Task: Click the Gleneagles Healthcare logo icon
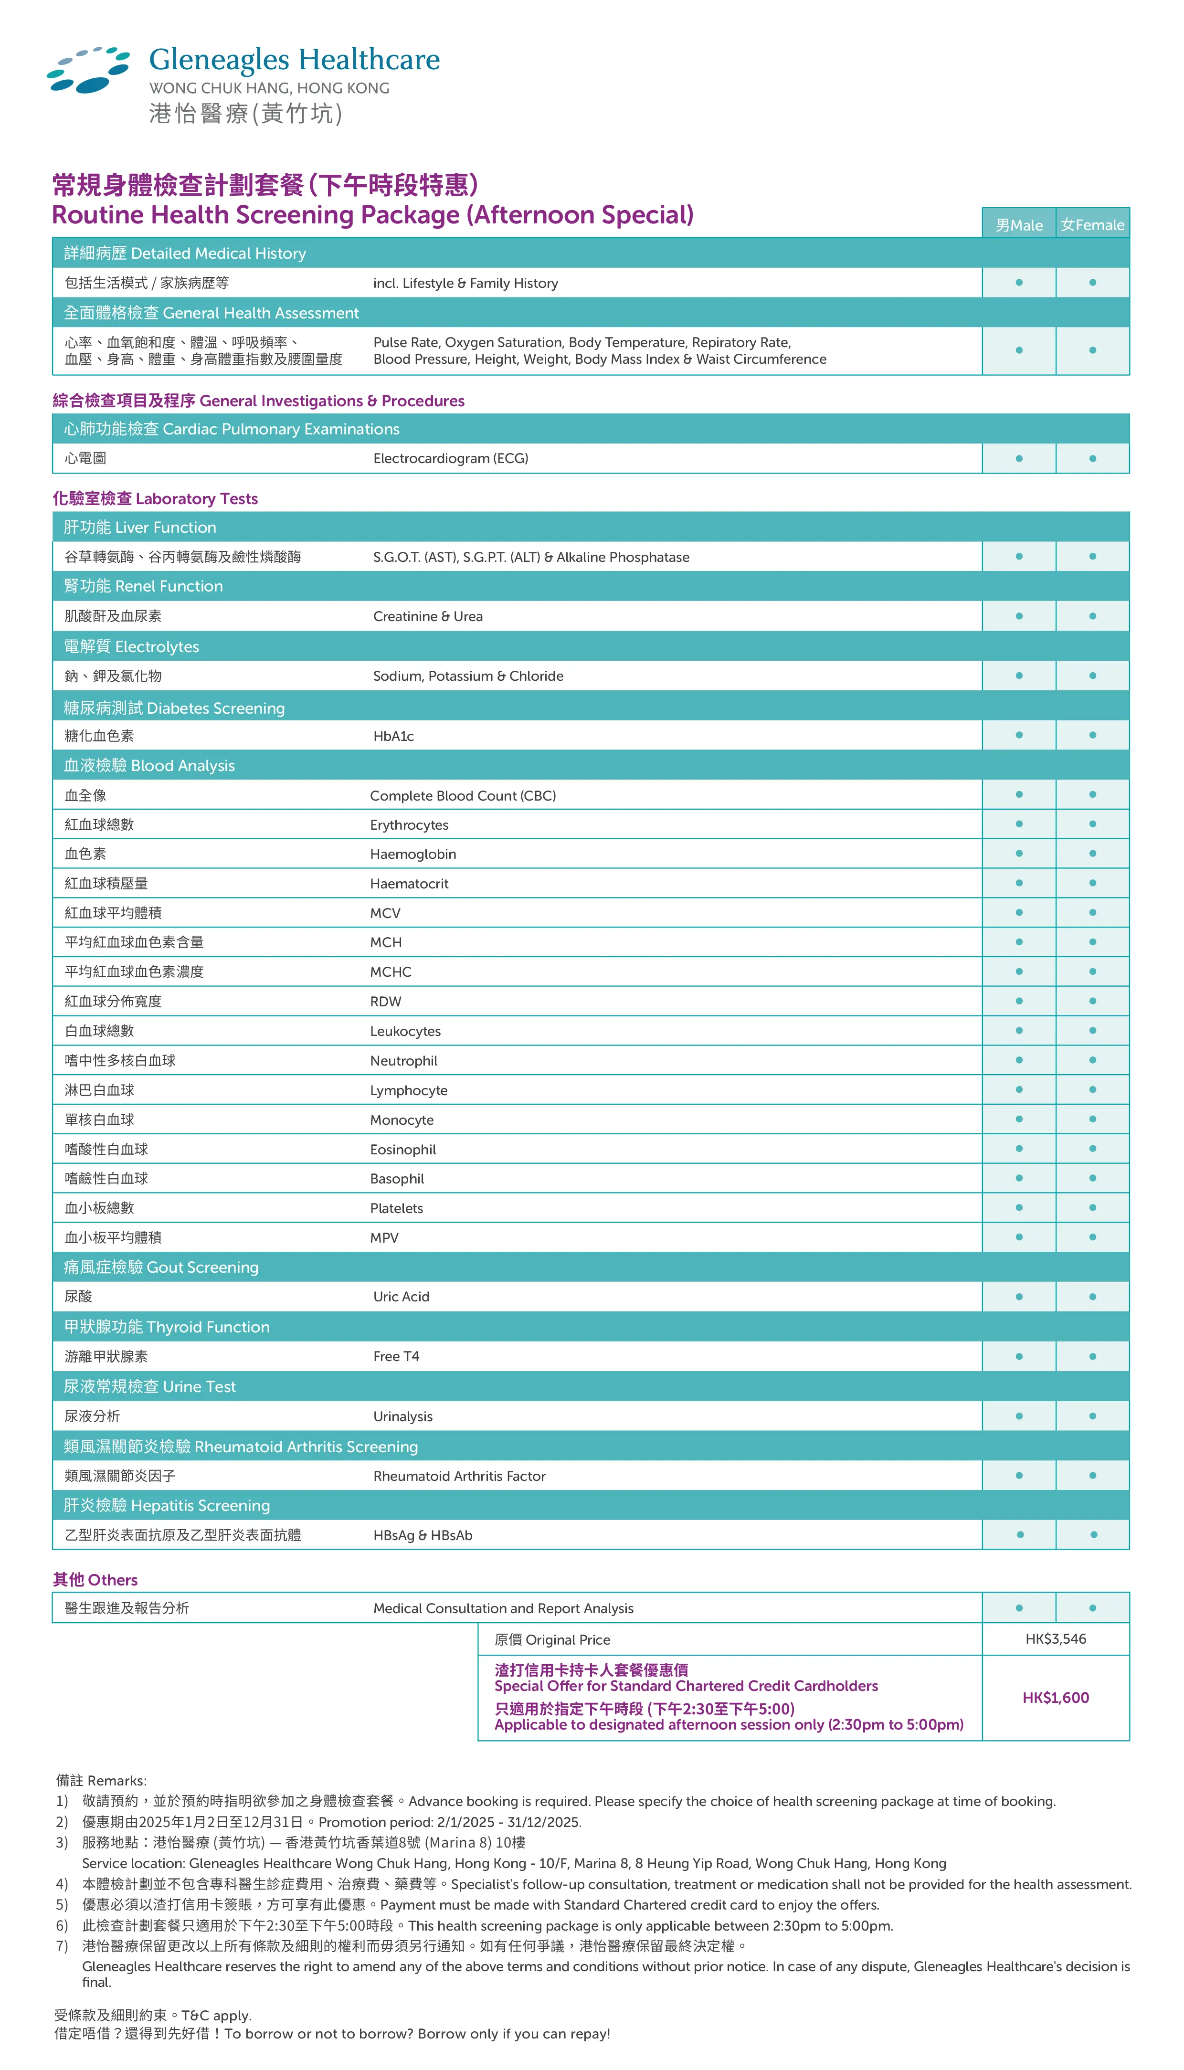pyautogui.click(x=88, y=70)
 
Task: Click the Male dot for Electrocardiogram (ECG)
pyautogui.click(x=1019, y=459)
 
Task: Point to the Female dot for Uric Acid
pyautogui.click(x=1092, y=1297)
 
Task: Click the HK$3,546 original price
pyautogui.click(x=1056, y=1638)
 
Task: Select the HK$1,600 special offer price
pyautogui.click(x=1056, y=1698)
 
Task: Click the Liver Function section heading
pyautogui.click(x=140, y=528)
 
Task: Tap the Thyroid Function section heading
pyautogui.click(x=167, y=1327)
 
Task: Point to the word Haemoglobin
pyautogui.click(x=413, y=854)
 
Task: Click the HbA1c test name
pyautogui.click(x=393, y=736)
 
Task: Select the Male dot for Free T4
pyautogui.click(x=1019, y=1356)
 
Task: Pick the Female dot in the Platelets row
pyautogui.click(x=1092, y=1207)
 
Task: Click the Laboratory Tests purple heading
pyautogui.click(x=155, y=498)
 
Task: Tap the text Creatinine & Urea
pyautogui.click(x=428, y=616)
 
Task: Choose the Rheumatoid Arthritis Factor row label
pyautogui.click(x=459, y=1476)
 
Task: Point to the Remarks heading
pyautogui.click(x=102, y=1781)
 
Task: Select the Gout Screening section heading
pyautogui.click(x=161, y=1267)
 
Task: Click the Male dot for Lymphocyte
pyautogui.click(x=1019, y=1089)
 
